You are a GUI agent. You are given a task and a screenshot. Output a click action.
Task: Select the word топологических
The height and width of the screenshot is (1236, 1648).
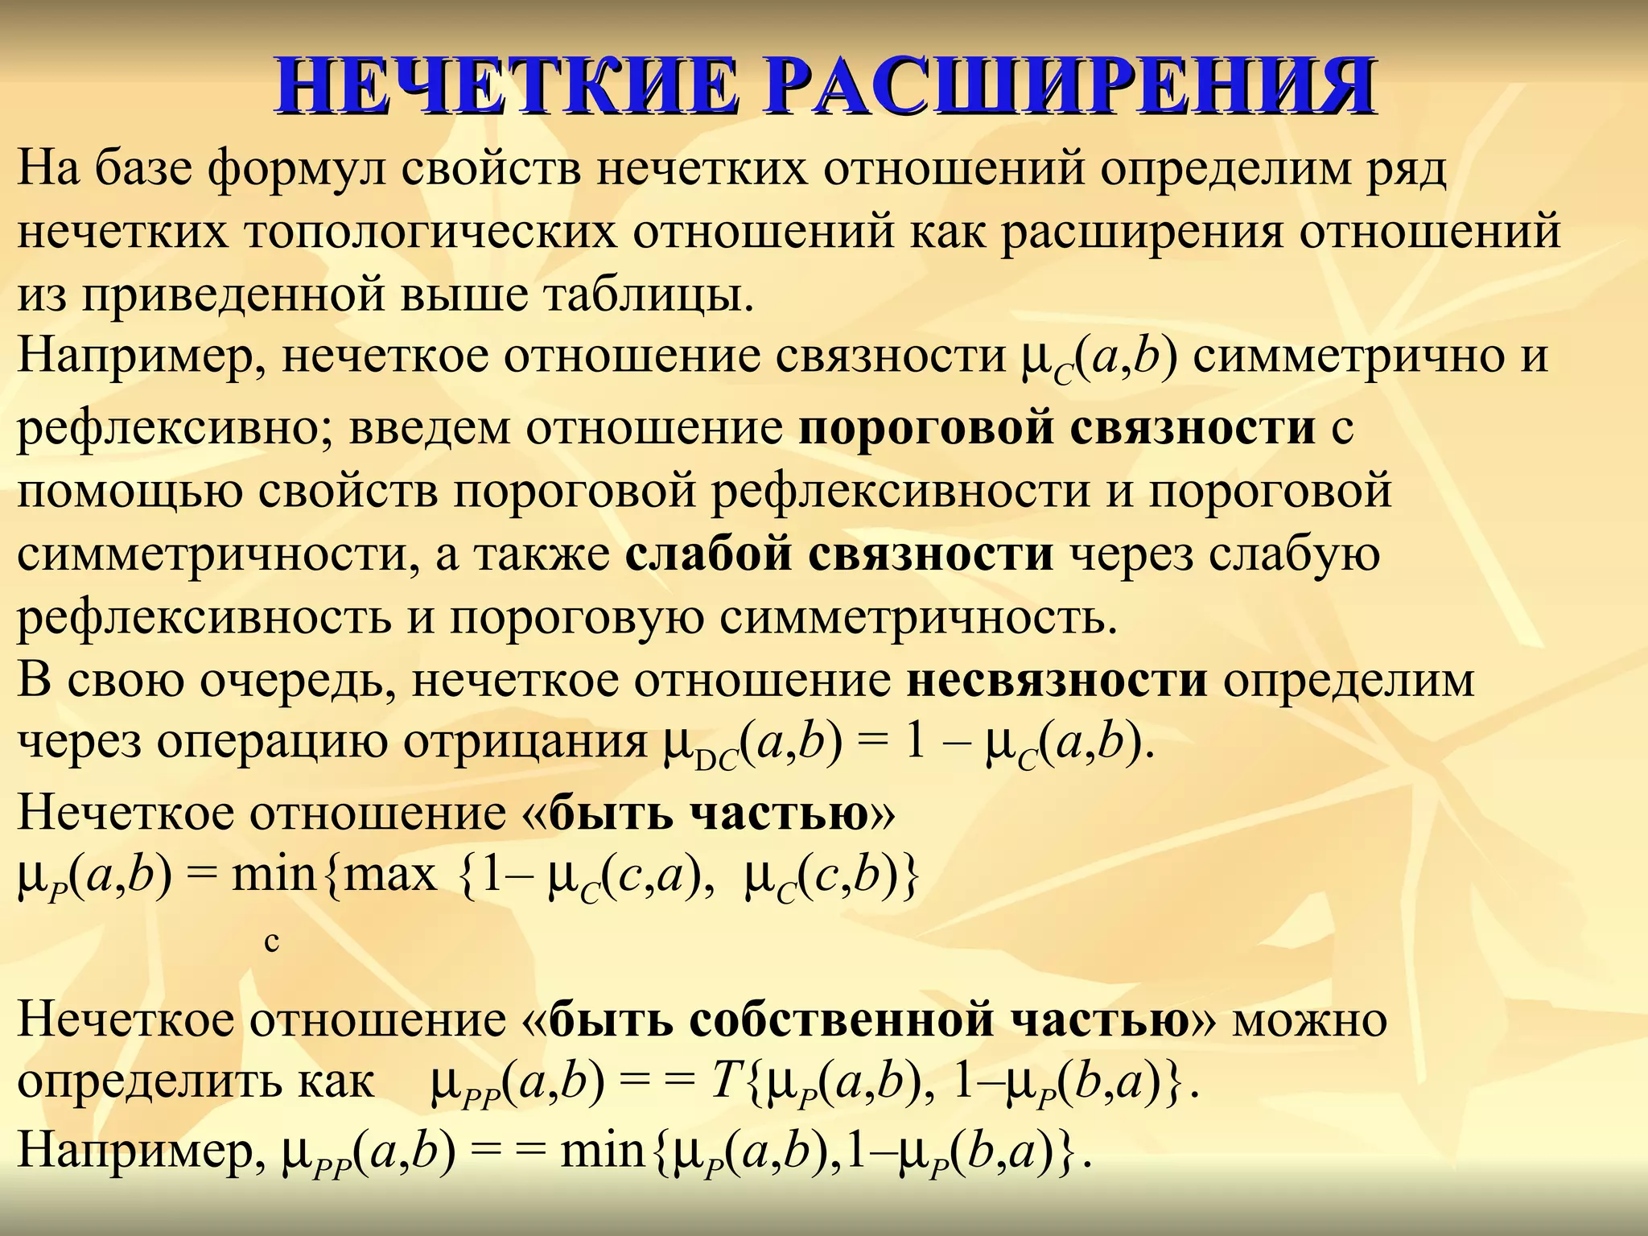(431, 233)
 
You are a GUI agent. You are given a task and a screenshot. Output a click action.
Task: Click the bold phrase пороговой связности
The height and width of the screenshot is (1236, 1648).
(1057, 428)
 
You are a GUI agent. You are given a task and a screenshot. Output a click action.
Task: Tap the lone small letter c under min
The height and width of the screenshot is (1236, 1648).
(272, 940)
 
